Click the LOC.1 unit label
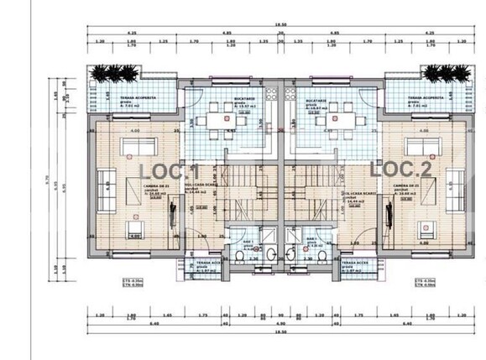[168, 170]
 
